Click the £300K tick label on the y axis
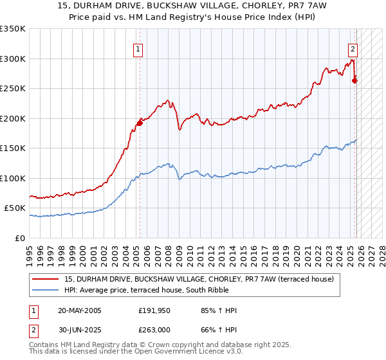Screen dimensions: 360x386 click(x=13, y=59)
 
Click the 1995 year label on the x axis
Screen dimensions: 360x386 click(x=30, y=251)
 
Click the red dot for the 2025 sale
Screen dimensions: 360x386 click(x=354, y=81)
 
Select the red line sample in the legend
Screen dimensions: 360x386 click(x=46, y=280)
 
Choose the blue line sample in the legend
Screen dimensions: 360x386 click(x=46, y=291)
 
